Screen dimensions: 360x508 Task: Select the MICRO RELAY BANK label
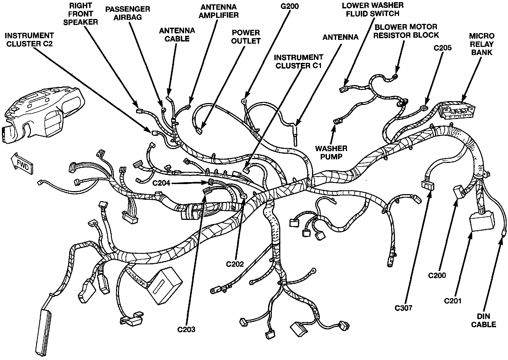(482, 44)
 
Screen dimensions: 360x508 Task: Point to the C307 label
(403, 308)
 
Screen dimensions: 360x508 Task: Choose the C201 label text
(453, 301)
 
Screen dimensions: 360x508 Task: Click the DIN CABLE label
(484, 320)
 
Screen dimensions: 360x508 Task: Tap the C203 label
(186, 329)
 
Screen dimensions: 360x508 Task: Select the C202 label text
(235, 264)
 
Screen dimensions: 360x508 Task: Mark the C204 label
(161, 183)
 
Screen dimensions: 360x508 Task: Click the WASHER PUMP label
(331, 152)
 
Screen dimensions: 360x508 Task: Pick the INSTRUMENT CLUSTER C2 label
(30, 40)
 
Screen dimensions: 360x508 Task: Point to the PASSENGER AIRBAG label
(128, 13)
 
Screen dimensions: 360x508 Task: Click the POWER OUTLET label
(246, 37)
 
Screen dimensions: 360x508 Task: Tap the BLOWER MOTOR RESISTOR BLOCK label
(406, 31)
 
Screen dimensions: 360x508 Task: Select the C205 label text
(443, 48)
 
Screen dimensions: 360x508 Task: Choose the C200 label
(437, 275)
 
